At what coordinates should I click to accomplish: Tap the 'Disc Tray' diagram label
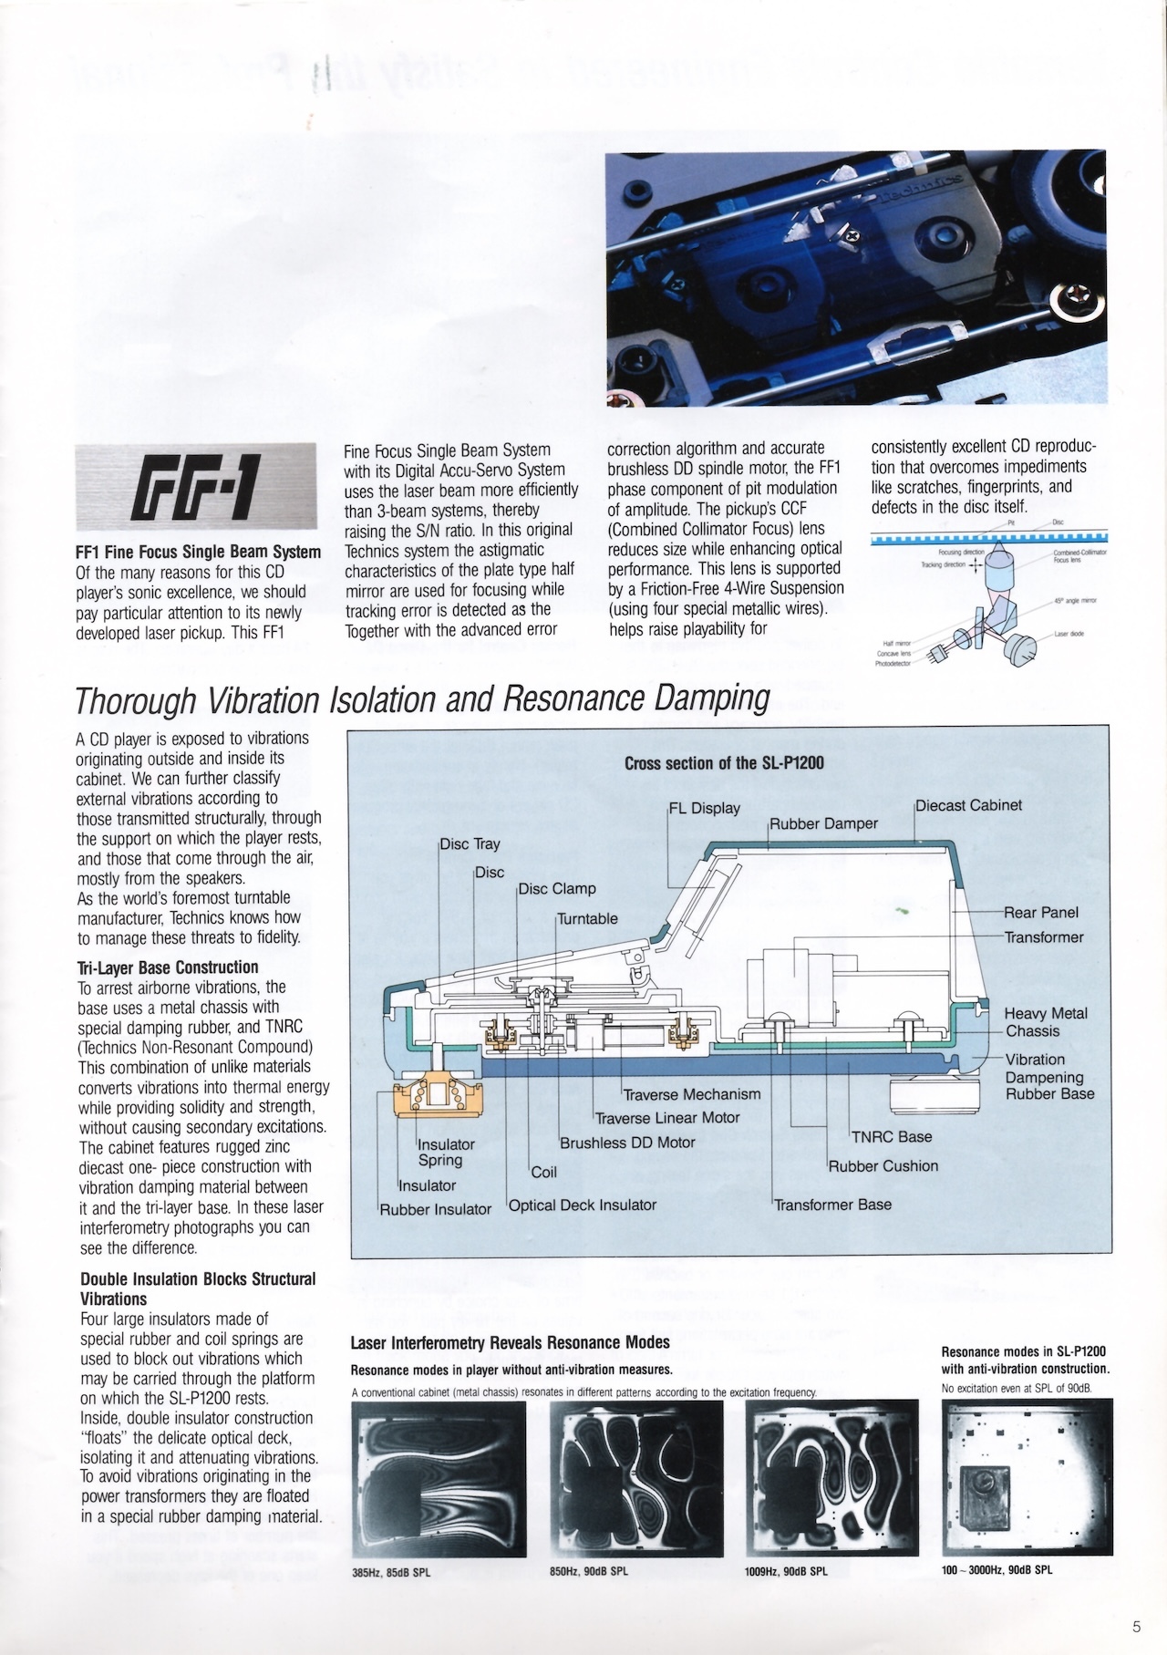pyautogui.click(x=470, y=844)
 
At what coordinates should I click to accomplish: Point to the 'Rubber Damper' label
pyautogui.click(x=824, y=824)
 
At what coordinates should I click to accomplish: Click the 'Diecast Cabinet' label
pyautogui.click(x=969, y=805)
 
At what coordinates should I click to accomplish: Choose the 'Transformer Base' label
pyautogui.click(x=833, y=1205)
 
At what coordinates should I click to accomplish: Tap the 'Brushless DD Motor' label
pyautogui.click(x=627, y=1143)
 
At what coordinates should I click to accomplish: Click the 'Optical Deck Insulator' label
pyautogui.click(x=583, y=1205)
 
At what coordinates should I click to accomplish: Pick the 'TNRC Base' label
pyautogui.click(x=892, y=1137)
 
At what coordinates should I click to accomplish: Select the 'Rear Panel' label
pyautogui.click(x=1041, y=913)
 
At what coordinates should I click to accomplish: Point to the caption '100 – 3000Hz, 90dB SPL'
pyautogui.click(x=997, y=1570)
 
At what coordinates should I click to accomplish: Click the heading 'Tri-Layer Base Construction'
pyautogui.click(x=170, y=967)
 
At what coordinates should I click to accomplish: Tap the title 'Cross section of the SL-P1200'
pyautogui.click(x=724, y=763)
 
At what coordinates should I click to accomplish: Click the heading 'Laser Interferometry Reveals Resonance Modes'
pyautogui.click(x=511, y=1342)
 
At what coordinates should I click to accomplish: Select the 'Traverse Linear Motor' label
pyautogui.click(x=667, y=1118)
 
